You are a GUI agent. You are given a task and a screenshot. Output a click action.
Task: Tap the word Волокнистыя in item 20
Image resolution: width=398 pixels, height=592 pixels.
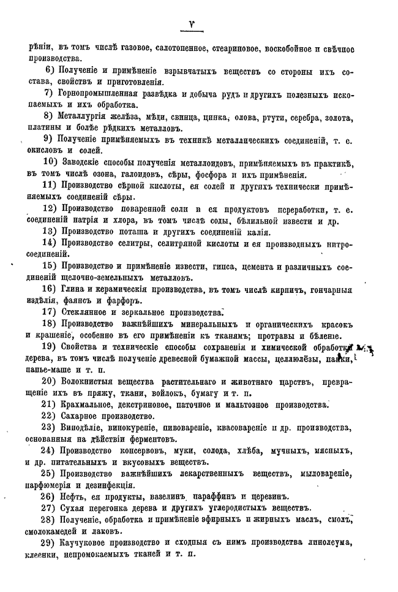(89, 381)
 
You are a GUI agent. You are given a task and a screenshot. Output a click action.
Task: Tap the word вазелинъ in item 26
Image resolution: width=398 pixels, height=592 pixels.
(170, 495)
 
